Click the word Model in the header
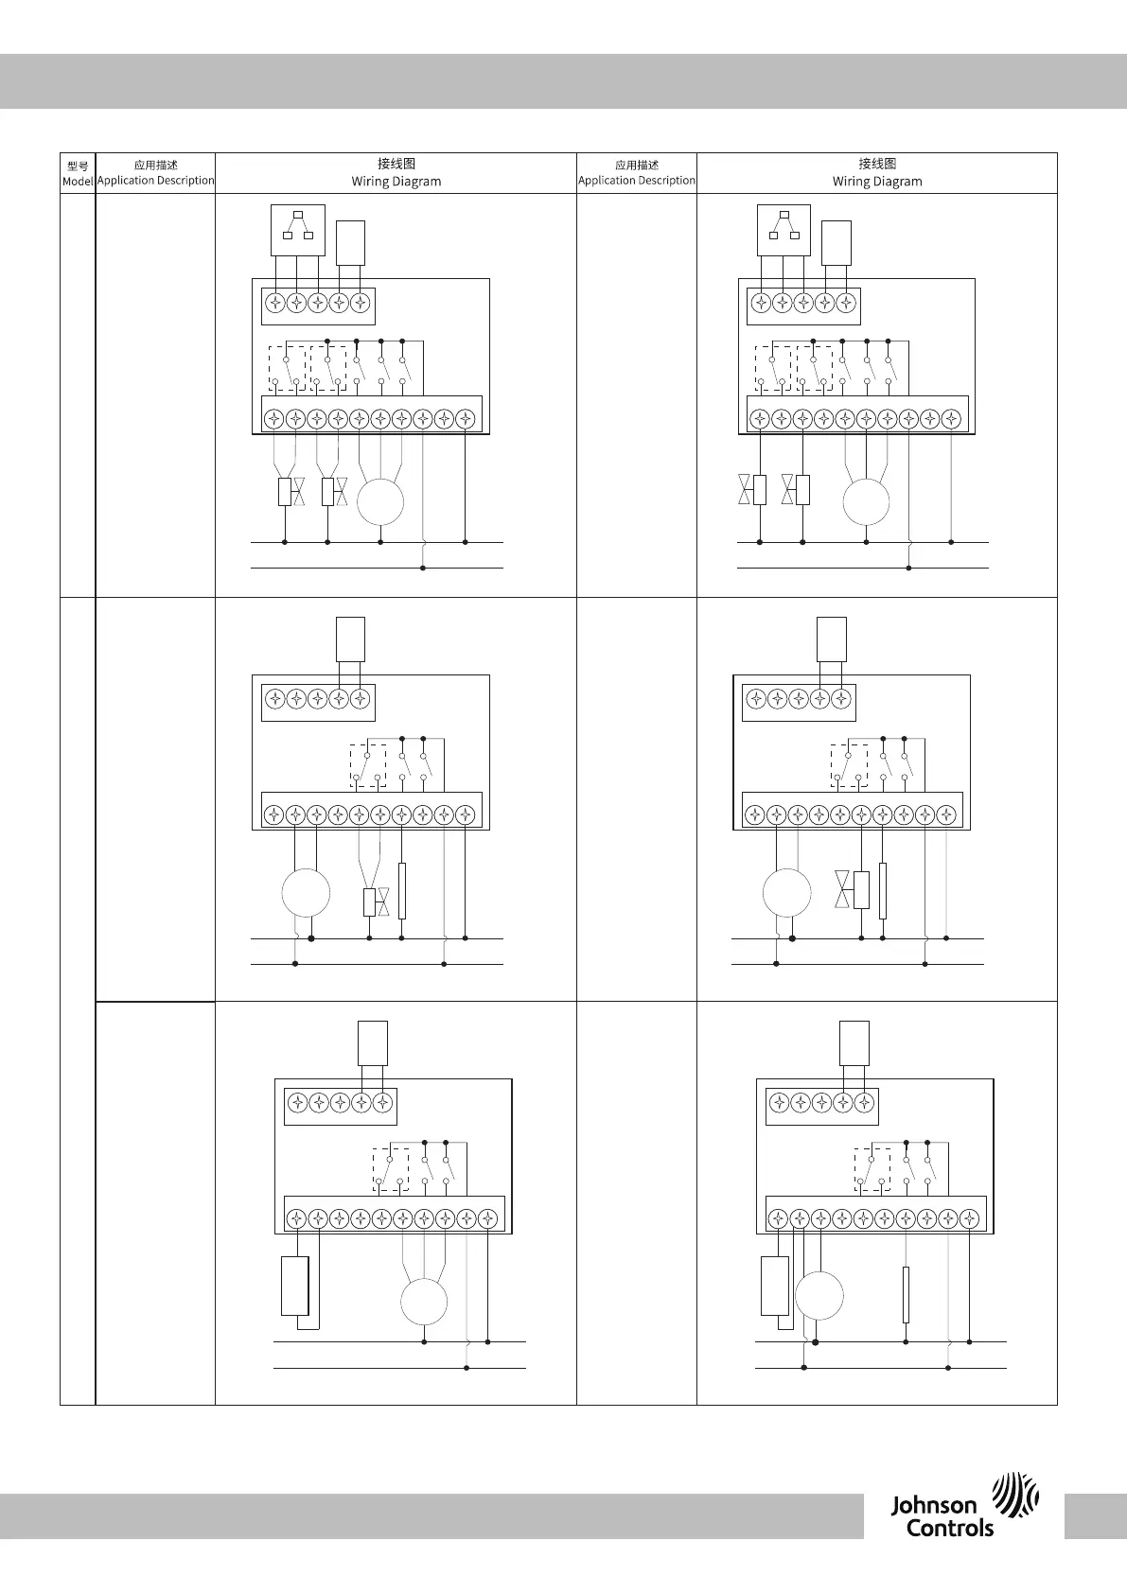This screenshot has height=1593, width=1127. [78, 181]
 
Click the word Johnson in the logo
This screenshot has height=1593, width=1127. [933, 1505]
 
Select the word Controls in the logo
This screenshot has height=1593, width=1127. [950, 1528]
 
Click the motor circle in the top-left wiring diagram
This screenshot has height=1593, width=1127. [380, 501]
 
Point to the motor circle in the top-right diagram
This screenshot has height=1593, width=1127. [866, 501]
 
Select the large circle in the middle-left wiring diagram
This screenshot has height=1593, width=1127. [306, 893]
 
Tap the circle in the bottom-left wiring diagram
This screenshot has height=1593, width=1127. [424, 1302]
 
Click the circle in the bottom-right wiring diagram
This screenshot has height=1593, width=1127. [819, 1296]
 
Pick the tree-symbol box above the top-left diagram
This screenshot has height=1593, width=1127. [297, 230]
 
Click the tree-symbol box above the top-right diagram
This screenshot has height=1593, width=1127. [784, 230]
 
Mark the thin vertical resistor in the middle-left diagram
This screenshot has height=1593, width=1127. [402, 891]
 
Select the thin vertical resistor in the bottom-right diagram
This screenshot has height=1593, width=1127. [906, 1295]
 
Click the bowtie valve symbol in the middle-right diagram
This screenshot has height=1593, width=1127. [841, 890]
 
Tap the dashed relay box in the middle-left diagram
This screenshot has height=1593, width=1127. [368, 765]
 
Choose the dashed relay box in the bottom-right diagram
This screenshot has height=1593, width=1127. [872, 1169]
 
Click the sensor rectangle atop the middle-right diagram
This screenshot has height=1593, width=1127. [832, 639]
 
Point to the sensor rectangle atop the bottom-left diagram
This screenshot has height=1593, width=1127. [373, 1042]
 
